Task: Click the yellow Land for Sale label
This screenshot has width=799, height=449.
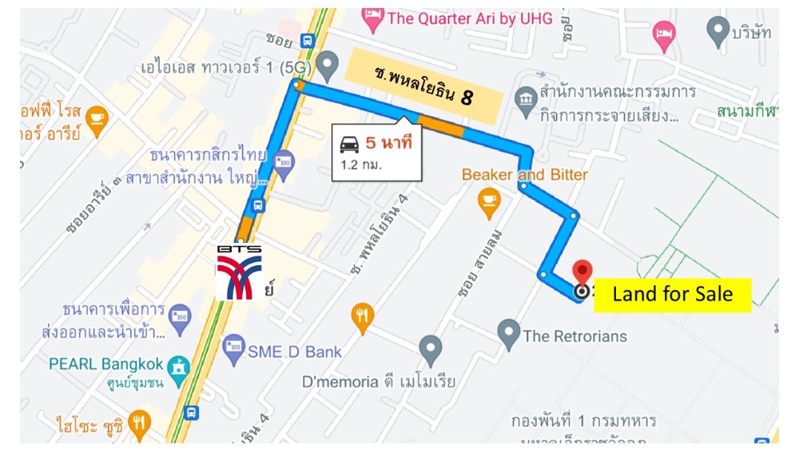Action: pos(673,295)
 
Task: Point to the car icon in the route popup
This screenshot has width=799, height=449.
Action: pos(349,144)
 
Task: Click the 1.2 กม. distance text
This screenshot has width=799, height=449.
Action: pos(361,165)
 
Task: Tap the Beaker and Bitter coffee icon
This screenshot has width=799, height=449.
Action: pos(488,203)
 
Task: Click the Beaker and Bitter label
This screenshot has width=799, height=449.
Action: pos(524,174)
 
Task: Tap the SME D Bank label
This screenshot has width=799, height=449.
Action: pos(294,351)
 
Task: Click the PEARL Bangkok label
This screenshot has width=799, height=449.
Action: pos(106,364)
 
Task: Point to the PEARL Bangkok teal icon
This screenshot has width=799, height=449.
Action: pos(180,367)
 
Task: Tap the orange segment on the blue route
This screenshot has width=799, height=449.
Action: pos(439,125)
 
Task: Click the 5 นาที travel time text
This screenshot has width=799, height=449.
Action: pos(388,144)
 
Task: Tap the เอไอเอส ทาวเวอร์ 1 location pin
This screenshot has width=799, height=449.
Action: pos(327,62)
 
